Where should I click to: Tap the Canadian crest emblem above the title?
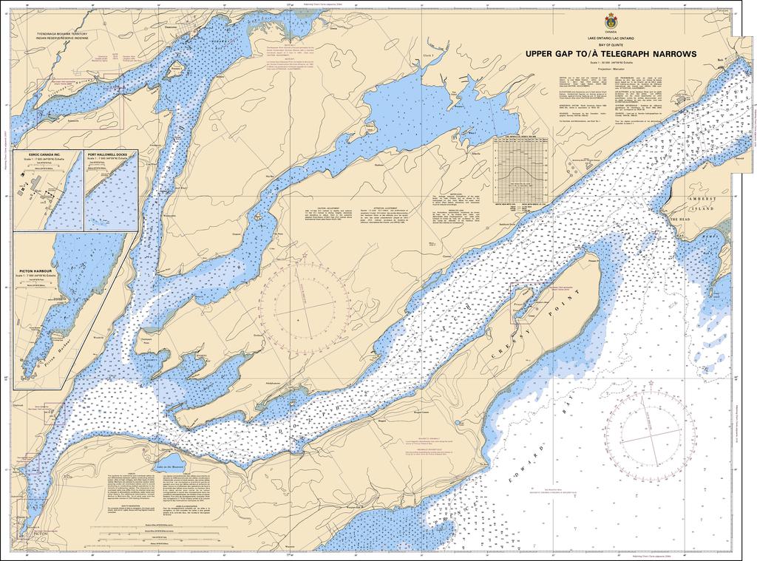coord(611,21)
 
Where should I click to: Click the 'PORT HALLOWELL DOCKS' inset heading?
coord(112,154)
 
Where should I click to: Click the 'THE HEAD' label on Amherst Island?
coord(679,220)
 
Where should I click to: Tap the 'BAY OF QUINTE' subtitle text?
coord(611,45)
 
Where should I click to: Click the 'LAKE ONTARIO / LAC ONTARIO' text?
coord(611,38)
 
